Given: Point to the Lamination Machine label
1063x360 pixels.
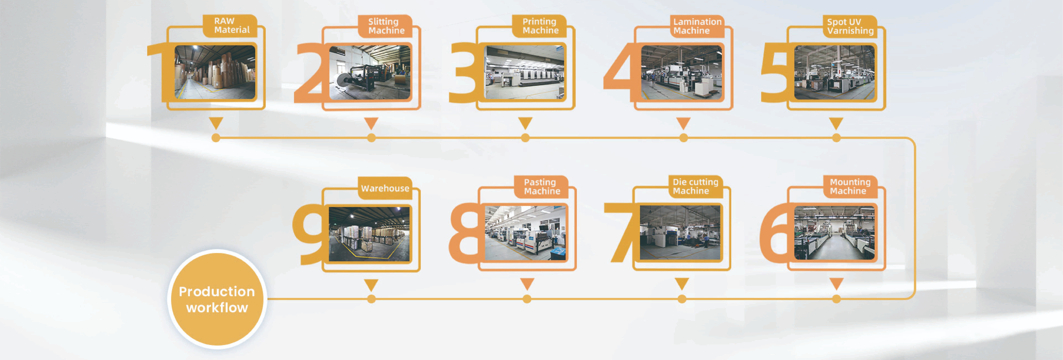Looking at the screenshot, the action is tap(697, 26).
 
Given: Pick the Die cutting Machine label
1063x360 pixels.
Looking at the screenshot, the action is tap(695, 186).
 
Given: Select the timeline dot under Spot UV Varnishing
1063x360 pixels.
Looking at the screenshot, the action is tap(836, 138).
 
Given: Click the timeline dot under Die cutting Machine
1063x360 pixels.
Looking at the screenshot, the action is tap(682, 299).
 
